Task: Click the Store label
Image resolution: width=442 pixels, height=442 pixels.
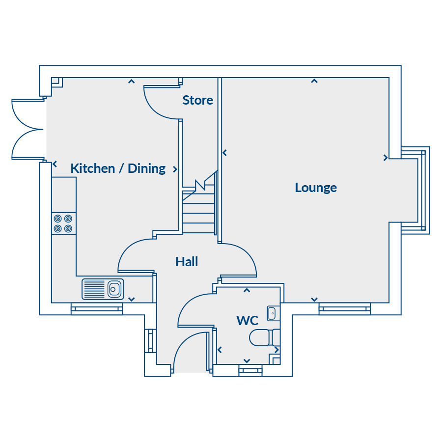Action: pyautogui.click(x=197, y=100)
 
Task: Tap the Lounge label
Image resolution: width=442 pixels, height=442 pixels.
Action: pyautogui.click(x=316, y=188)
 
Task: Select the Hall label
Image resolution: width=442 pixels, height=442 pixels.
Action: pyautogui.click(x=187, y=262)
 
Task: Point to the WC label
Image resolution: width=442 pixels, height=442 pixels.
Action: pyautogui.click(x=247, y=321)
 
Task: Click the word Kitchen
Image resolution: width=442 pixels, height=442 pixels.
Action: pyautogui.click(x=93, y=168)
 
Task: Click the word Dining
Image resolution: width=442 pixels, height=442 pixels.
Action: pyautogui.click(x=146, y=168)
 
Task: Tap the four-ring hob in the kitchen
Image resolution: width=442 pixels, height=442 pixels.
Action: pyautogui.click(x=64, y=223)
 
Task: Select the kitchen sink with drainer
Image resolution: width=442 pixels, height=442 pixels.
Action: pyautogui.click(x=103, y=289)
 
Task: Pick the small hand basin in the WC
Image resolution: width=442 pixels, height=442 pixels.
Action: pyautogui.click(x=272, y=313)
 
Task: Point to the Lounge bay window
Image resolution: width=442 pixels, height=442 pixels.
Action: pyautogui.click(x=415, y=190)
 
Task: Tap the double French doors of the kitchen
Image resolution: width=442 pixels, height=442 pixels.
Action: pyautogui.click(x=28, y=129)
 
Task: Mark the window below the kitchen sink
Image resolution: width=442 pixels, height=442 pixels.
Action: pyautogui.click(x=97, y=309)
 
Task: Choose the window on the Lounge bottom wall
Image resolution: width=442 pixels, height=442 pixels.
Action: pyautogui.click(x=344, y=309)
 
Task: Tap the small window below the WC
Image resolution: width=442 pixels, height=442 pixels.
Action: pyautogui.click(x=250, y=370)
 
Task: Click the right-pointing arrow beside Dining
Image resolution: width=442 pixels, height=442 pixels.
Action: pyautogui.click(x=175, y=169)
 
